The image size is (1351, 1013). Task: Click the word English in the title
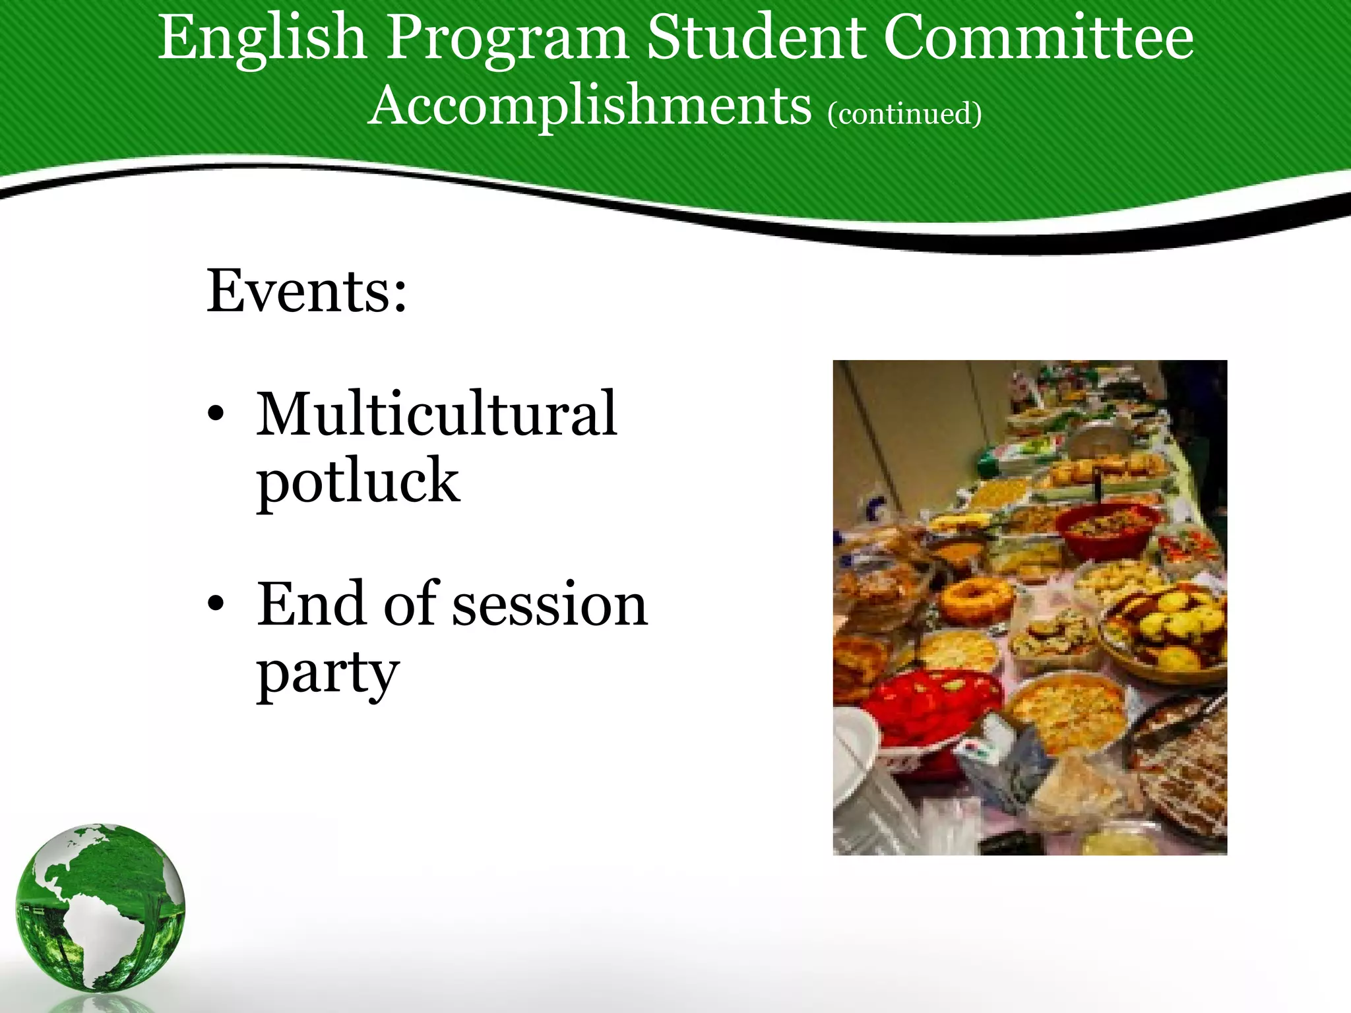[262, 40]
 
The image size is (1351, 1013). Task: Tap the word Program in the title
[507, 40]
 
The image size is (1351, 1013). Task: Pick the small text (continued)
[904, 113]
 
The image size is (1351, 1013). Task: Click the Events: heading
[307, 291]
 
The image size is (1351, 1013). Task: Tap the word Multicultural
[437, 414]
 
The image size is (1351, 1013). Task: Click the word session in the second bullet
[550, 605]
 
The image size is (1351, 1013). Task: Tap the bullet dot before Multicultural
[216, 415]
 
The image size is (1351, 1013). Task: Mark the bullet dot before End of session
[216, 605]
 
